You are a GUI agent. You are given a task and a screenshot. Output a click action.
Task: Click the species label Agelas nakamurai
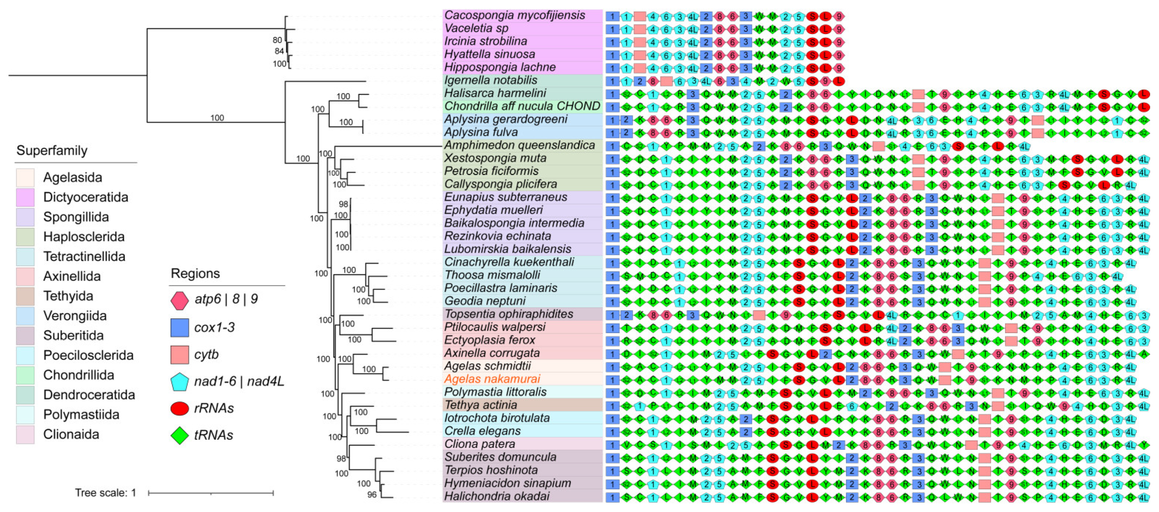tap(492, 379)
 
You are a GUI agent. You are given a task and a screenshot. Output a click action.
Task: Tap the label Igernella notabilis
tap(490, 80)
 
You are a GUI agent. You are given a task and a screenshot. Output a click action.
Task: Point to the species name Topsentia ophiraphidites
tap(509, 314)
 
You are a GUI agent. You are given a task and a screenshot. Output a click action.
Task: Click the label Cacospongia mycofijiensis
tap(514, 15)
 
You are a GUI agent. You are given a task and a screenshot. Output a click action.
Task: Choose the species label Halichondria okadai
tap(497, 496)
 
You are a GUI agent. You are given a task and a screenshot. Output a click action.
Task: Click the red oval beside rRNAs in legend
tap(179, 408)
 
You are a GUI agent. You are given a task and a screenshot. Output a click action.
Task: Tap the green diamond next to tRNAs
tap(179, 435)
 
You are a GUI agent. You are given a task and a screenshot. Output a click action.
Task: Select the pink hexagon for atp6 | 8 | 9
tap(179, 300)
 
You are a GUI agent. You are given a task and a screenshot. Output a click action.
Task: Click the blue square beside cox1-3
tap(179, 327)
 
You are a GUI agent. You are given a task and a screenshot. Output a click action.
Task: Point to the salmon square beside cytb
tap(179, 354)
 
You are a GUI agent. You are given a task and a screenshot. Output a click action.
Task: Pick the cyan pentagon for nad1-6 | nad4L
tap(179, 382)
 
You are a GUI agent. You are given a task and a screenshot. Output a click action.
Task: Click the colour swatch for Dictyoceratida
tap(25, 197)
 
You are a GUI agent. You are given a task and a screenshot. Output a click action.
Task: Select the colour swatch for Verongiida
tap(25, 316)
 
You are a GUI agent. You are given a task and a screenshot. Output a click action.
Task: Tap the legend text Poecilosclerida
tap(88, 355)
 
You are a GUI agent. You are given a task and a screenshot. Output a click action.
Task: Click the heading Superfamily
tap(52, 150)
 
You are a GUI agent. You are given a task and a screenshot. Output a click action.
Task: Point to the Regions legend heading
tap(195, 273)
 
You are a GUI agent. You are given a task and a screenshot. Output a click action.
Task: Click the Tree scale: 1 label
tap(105, 493)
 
